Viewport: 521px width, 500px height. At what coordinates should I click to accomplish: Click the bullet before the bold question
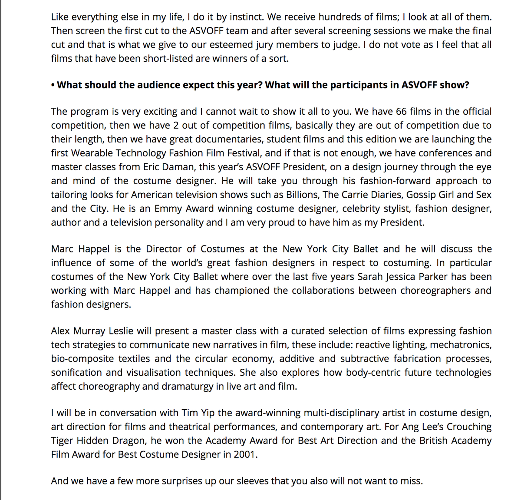[x=53, y=85]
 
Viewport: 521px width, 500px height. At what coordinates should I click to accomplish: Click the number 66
[x=401, y=112]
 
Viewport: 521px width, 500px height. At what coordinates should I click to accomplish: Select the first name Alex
[x=60, y=331]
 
